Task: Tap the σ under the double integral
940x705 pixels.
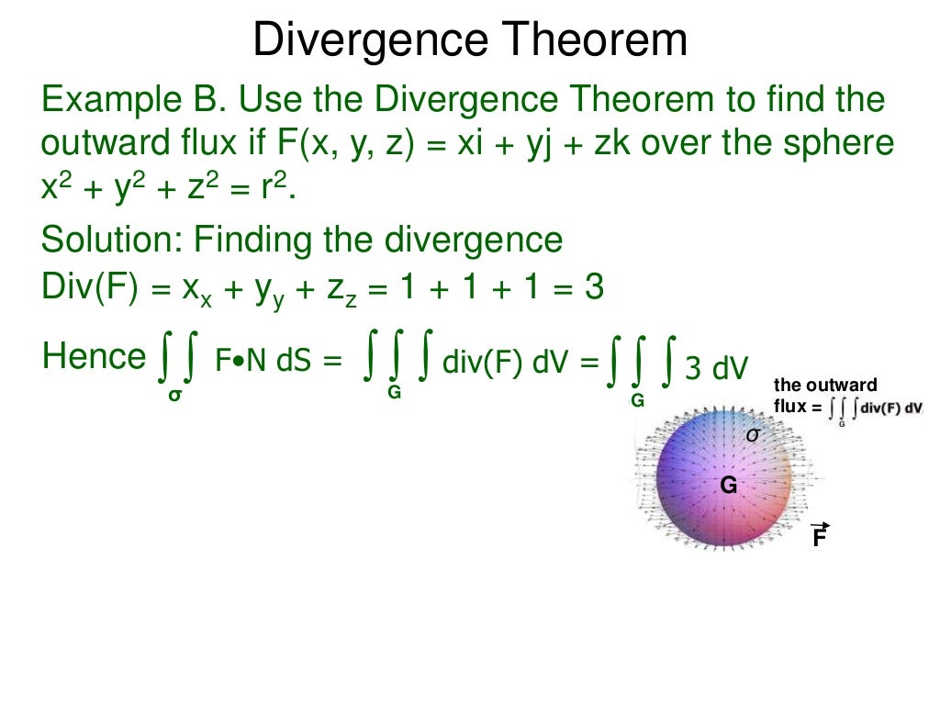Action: pos(173,396)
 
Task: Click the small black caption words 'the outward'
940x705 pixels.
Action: pos(825,385)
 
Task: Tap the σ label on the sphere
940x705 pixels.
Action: pos(752,434)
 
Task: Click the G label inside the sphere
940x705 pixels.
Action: pos(728,486)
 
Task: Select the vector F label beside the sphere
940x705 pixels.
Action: pos(819,537)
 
